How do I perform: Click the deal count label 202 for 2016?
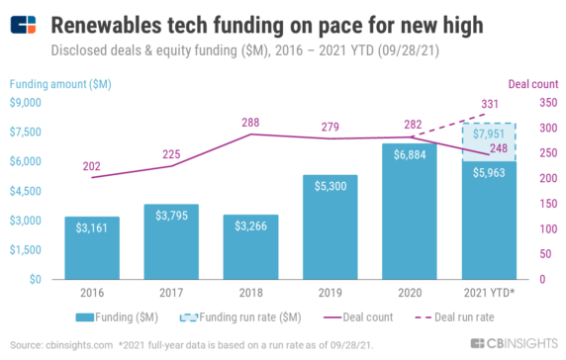(92, 167)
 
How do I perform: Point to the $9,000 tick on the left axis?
(25, 102)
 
